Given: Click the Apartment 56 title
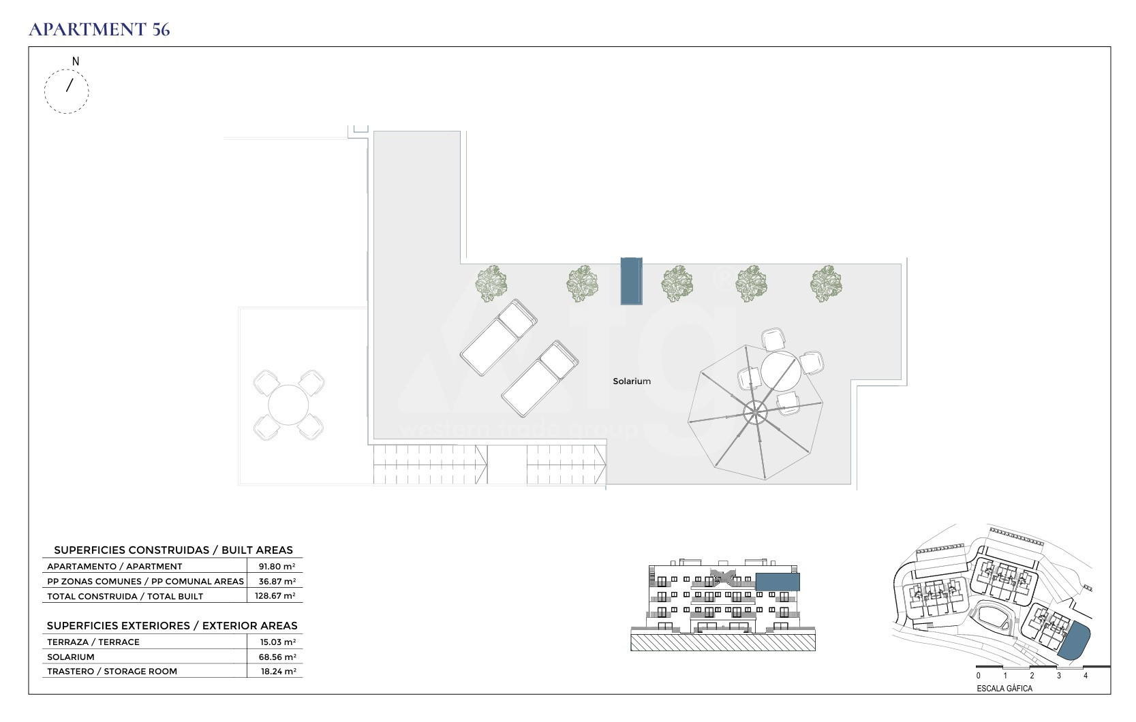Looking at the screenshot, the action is (x=99, y=29).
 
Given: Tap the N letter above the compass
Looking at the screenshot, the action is (x=76, y=61).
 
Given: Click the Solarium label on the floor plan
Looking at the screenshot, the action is (x=632, y=381).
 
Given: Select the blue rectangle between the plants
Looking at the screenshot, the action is (x=632, y=281).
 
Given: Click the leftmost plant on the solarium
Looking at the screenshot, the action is (x=491, y=284).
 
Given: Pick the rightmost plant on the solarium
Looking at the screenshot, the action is (x=826, y=284).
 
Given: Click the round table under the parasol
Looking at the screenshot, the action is (x=780, y=371).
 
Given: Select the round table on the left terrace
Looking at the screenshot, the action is (x=288, y=405).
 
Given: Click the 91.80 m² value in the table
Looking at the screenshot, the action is (x=277, y=566).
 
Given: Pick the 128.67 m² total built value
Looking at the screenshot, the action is (x=275, y=596).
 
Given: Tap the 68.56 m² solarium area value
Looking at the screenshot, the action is (x=277, y=657).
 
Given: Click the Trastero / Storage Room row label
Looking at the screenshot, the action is (x=112, y=672).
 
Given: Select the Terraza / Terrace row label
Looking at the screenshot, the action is (x=93, y=642).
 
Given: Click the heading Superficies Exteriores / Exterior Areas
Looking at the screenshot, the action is (x=172, y=626).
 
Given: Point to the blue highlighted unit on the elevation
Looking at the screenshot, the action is (x=778, y=582).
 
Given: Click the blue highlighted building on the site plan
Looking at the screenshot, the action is (x=1074, y=642).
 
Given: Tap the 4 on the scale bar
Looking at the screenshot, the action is (x=1086, y=676).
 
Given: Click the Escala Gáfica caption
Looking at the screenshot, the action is (x=1004, y=689).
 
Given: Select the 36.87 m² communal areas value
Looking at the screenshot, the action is (x=277, y=581).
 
